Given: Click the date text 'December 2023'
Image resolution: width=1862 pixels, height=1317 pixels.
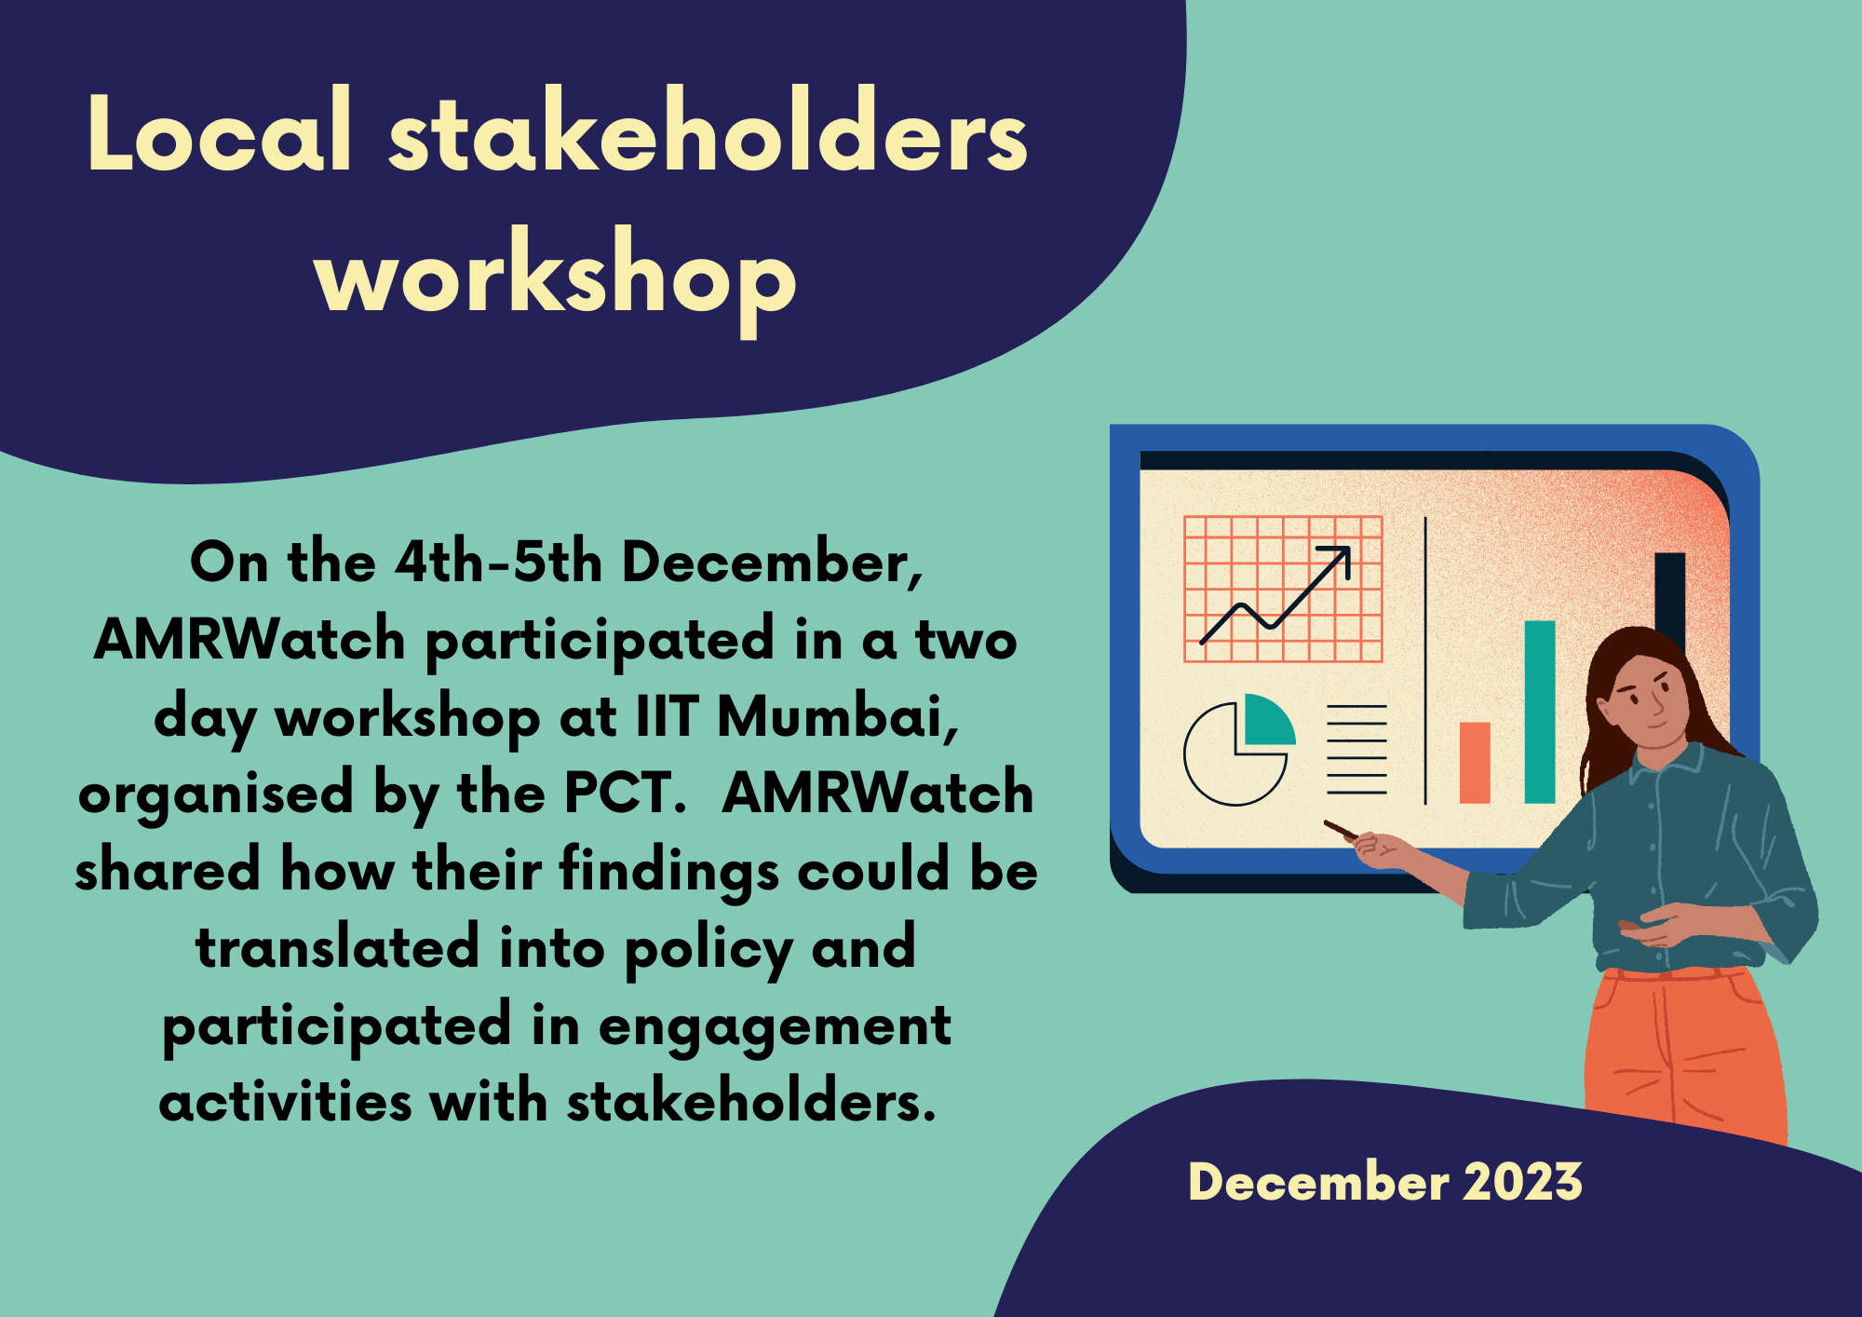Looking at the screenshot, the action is tap(1385, 1182).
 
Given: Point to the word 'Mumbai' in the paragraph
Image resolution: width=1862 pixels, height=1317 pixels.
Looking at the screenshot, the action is tap(837, 717).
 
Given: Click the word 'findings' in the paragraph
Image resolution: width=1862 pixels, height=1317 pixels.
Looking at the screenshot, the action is tap(668, 872).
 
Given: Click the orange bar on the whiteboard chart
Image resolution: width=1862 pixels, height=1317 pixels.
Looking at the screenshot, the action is tap(1475, 762).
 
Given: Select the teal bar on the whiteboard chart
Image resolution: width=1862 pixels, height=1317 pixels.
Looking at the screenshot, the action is tap(1540, 712).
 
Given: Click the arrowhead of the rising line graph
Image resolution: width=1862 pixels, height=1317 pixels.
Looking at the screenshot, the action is tap(1341, 556).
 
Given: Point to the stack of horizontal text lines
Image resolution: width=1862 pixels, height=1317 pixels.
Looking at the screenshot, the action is tap(1356, 749).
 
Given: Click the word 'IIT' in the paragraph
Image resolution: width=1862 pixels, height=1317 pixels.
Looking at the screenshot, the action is tap(667, 717).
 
